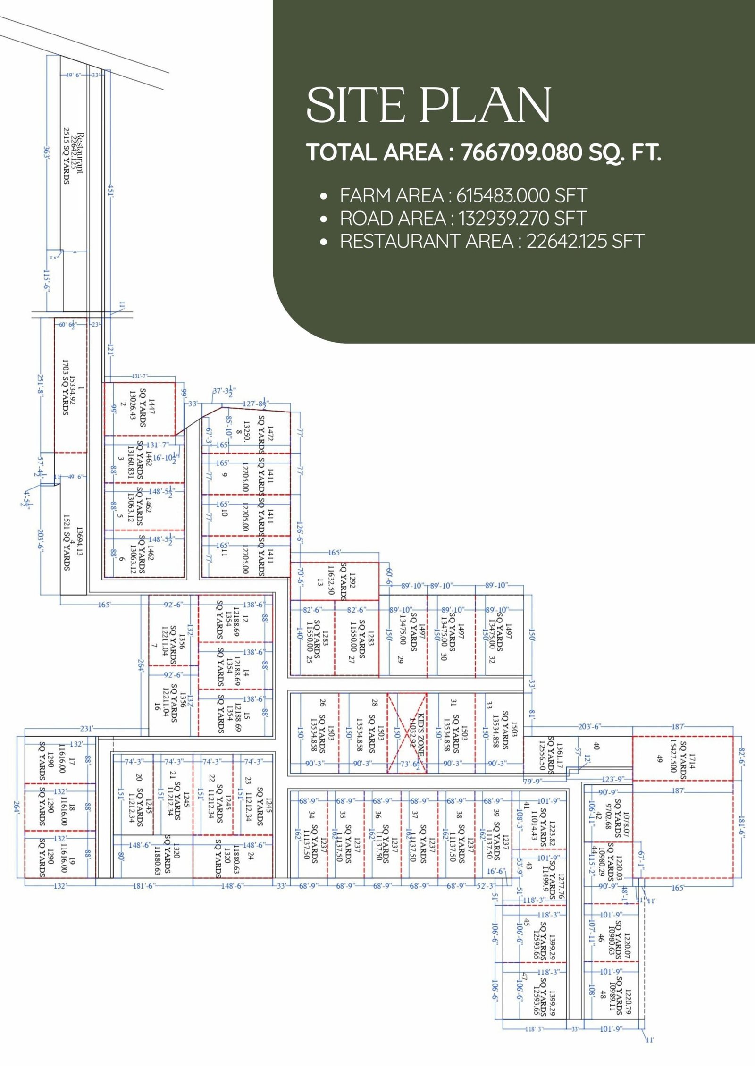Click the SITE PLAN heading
click(x=428, y=105)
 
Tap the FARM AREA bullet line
click(x=463, y=195)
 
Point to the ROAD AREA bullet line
click(x=463, y=219)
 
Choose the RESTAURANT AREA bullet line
click(x=492, y=241)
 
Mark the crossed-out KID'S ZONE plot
click(x=407, y=733)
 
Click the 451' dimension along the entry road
click(x=110, y=191)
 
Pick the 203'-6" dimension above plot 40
click(x=589, y=727)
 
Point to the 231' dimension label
click(x=86, y=729)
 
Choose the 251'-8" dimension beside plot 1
click(x=41, y=386)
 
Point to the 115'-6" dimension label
click(x=47, y=281)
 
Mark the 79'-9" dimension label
click(x=533, y=782)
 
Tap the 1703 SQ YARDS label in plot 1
click(x=66, y=387)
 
